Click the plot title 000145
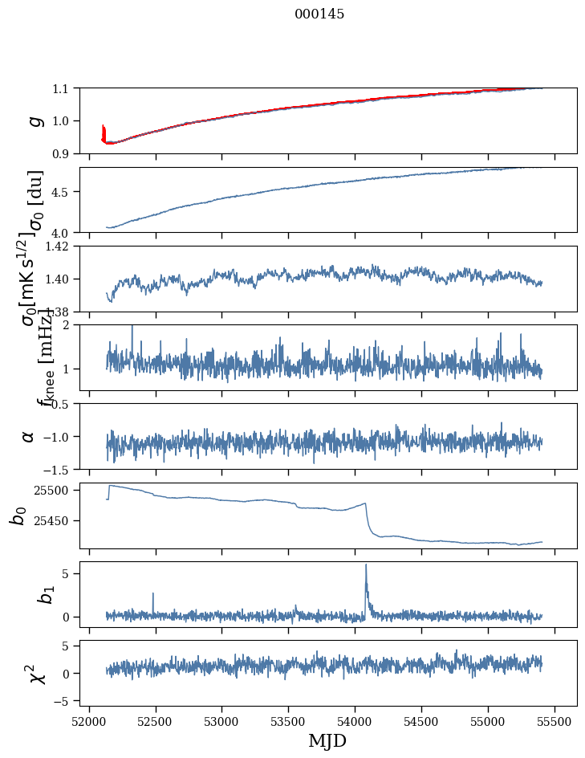[319, 14]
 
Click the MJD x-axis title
[327, 741]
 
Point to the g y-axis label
[34, 120]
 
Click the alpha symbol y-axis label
[28, 436]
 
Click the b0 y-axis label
[18, 515]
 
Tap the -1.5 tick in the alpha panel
[58, 469]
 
